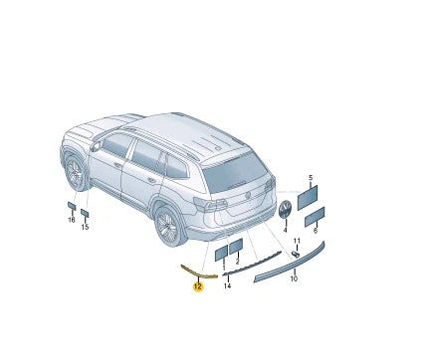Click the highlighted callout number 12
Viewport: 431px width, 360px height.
point(197,286)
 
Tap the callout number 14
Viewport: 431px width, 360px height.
point(227,286)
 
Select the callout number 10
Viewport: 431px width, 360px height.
point(294,278)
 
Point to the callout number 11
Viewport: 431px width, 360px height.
point(297,241)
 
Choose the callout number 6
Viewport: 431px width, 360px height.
point(316,231)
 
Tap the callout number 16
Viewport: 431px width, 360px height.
point(72,219)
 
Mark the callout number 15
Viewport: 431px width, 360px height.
point(85,227)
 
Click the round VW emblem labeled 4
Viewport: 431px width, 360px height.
point(284,210)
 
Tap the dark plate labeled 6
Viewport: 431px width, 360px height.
point(315,215)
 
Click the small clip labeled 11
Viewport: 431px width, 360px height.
point(297,254)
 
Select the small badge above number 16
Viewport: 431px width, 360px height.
point(72,206)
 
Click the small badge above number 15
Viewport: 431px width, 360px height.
point(85,213)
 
